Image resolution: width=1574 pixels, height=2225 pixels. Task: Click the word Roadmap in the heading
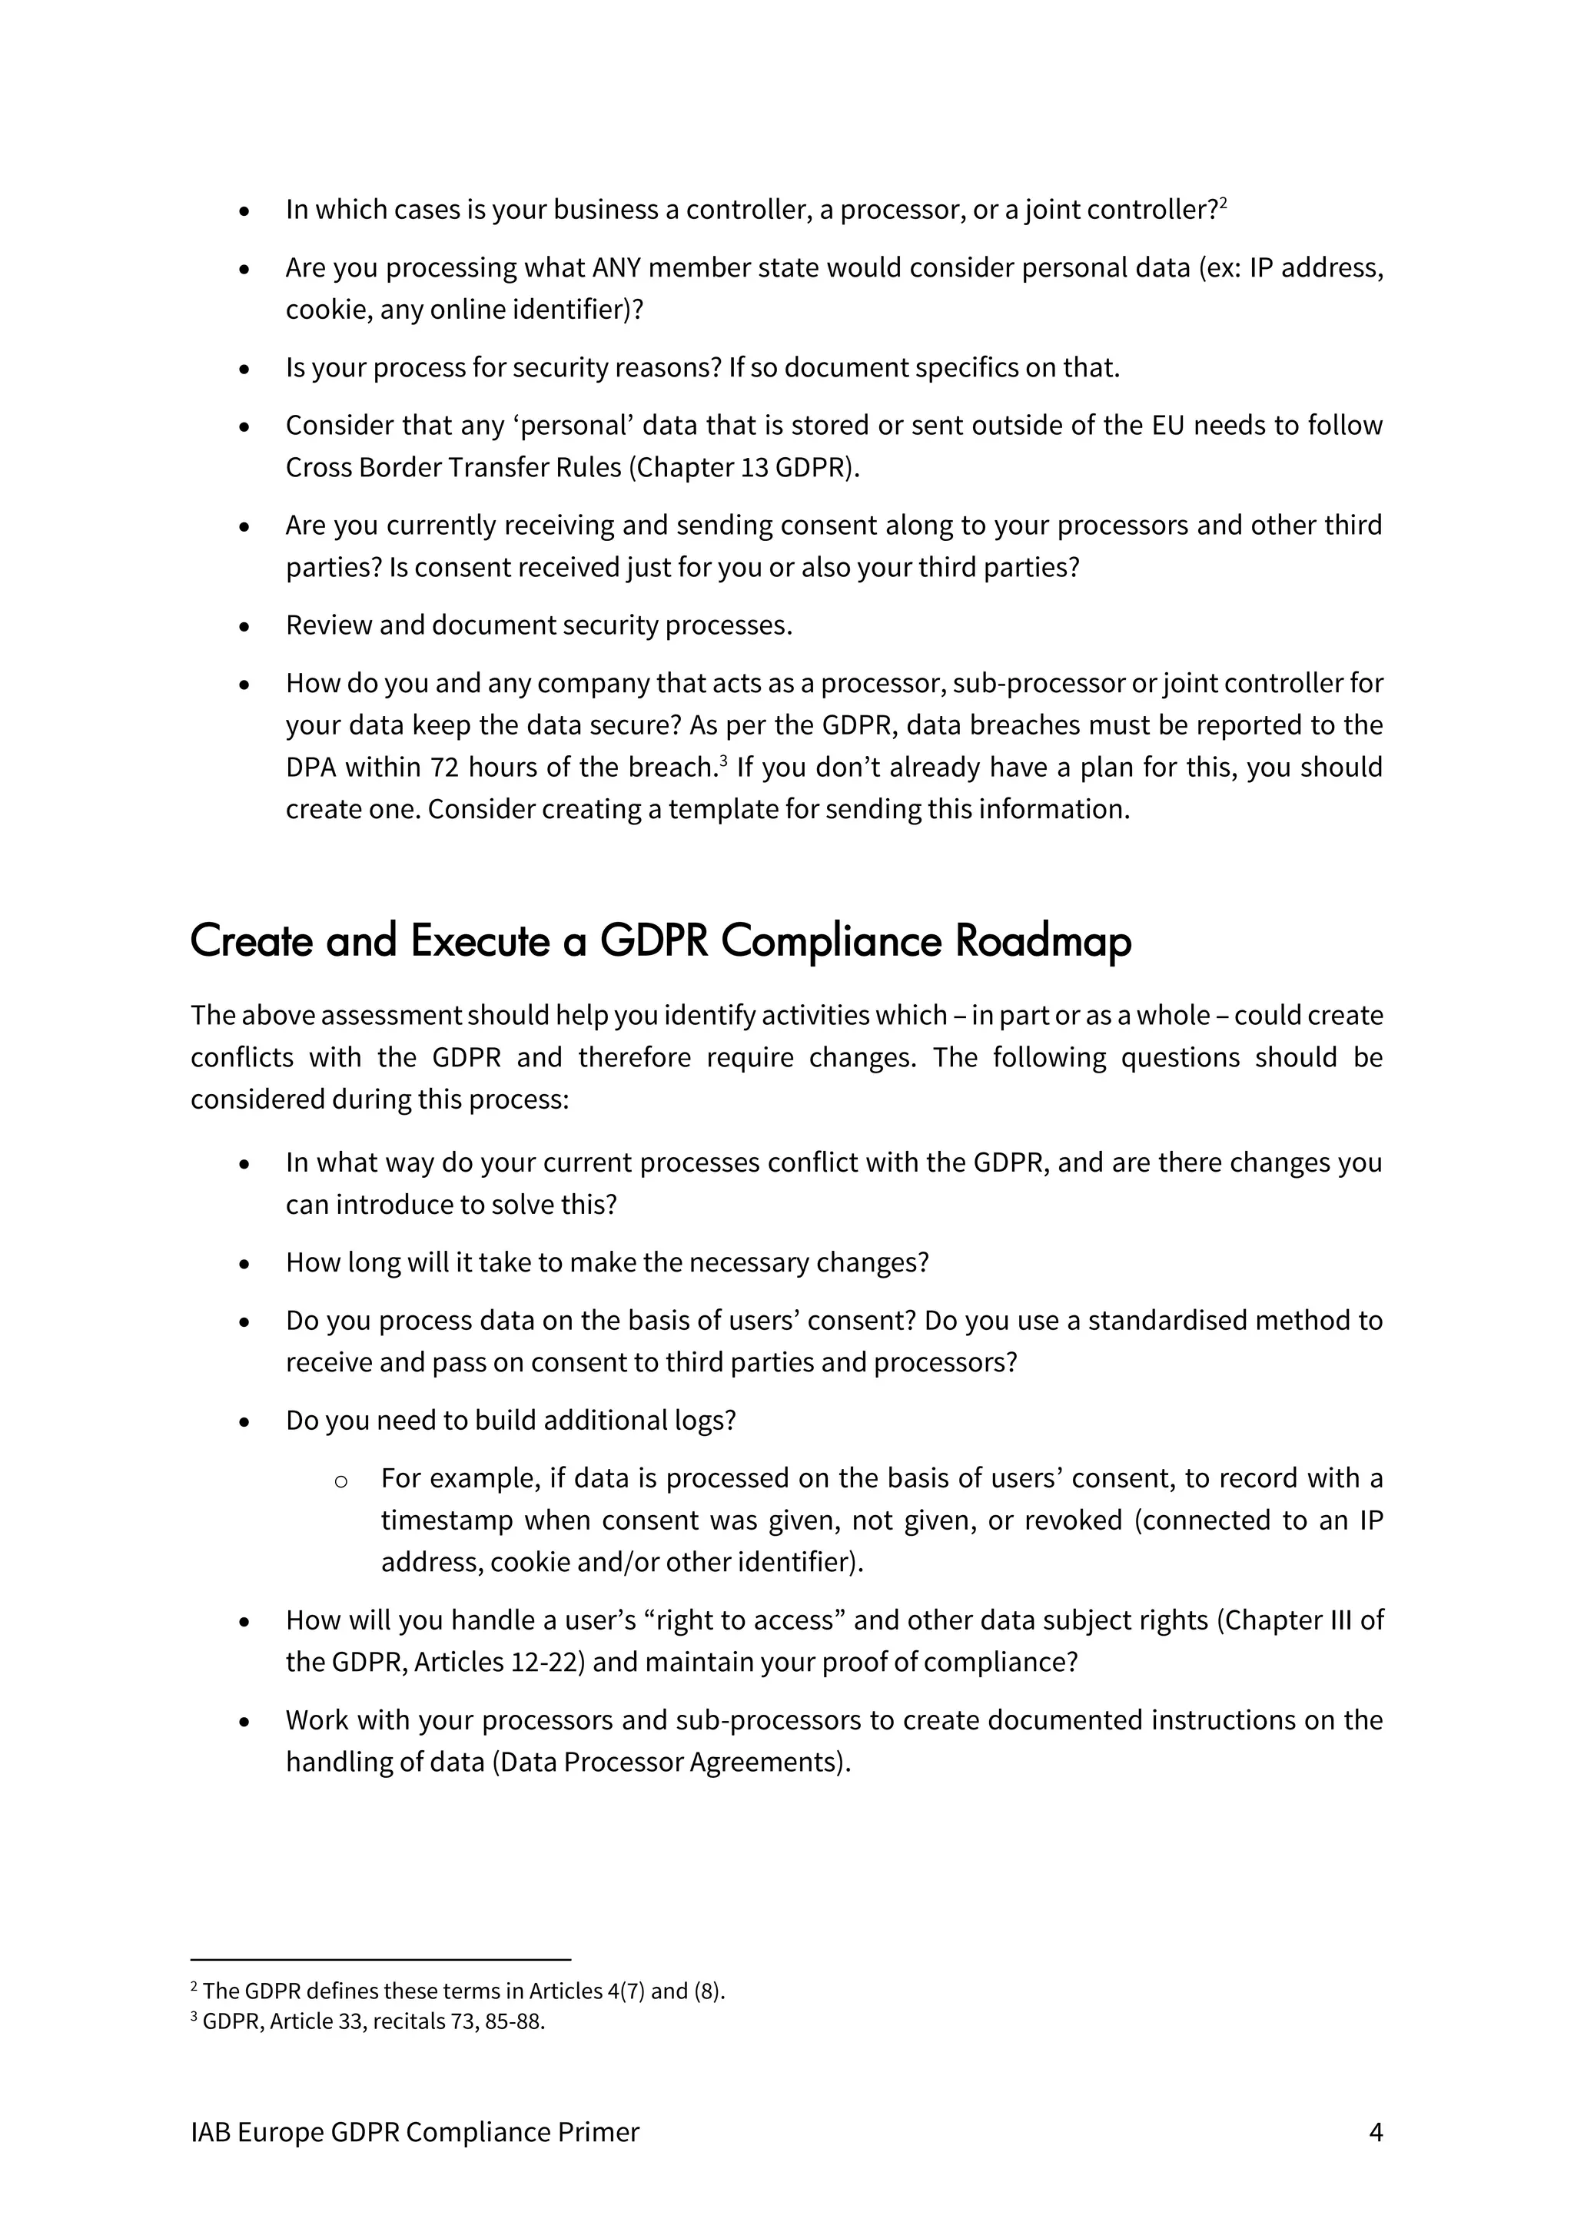pyautogui.click(x=1043, y=941)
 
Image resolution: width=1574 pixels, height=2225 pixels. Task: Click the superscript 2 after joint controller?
pyautogui.click(x=1224, y=204)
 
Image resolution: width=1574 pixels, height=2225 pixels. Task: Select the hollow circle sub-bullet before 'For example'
pyautogui.click(x=340, y=1481)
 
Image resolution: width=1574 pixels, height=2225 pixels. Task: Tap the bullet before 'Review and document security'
pyautogui.click(x=244, y=627)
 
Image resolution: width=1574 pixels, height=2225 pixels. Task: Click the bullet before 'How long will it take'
pyautogui.click(x=244, y=1265)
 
